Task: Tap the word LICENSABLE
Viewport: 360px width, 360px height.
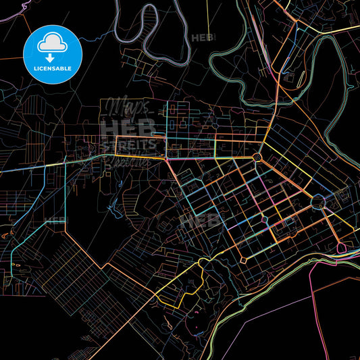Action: pyautogui.click(x=53, y=69)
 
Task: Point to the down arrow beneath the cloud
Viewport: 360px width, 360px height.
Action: pyautogui.click(x=53, y=57)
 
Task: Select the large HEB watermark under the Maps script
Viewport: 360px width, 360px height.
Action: pyautogui.click(x=128, y=128)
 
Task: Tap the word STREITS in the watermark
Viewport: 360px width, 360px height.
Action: pyautogui.click(x=129, y=145)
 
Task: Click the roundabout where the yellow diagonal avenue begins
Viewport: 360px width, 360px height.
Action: pyautogui.click(x=257, y=157)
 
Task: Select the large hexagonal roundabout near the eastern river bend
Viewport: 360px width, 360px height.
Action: pyautogui.click(x=318, y=201)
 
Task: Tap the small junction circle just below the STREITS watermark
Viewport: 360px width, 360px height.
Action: pyautogui.click(x=167, y=159)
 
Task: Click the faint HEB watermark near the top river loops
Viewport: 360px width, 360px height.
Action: pyautogui.click(x=203, y=38)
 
